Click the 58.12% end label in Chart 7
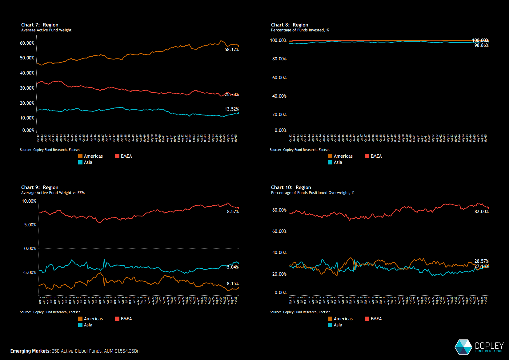231,50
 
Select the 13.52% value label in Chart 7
231,109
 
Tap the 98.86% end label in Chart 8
481,45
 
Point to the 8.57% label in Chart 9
233,212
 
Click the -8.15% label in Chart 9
232,284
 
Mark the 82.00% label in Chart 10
481,212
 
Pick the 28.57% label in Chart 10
481,261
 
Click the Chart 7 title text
40,25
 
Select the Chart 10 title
291,187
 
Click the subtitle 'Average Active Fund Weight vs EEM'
53,193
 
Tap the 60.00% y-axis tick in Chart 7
27,43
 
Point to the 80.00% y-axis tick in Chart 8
279,59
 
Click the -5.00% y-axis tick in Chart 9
29,273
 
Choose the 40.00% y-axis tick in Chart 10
279,253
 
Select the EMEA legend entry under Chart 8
373,156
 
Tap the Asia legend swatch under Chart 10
330,325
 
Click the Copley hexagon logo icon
463,347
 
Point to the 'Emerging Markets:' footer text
30,351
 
